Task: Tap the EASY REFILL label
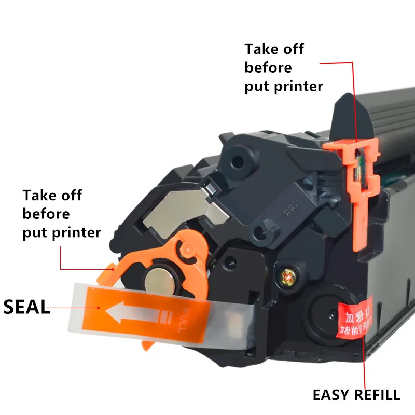[356, 395]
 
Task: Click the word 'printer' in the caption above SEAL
[76, 232]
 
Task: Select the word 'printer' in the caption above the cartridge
[298, 86]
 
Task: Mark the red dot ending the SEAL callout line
[99, 307]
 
